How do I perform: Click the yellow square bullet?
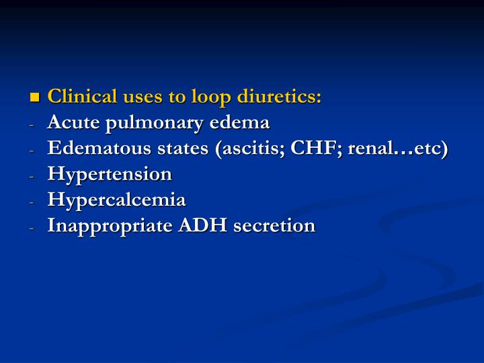click(x=35, y=97)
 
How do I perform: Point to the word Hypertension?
click(x=110, y=175)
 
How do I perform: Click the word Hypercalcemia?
click(x=116, y=200)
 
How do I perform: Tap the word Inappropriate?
click(x=110, y=227)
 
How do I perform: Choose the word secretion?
click(x=274, y=225)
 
